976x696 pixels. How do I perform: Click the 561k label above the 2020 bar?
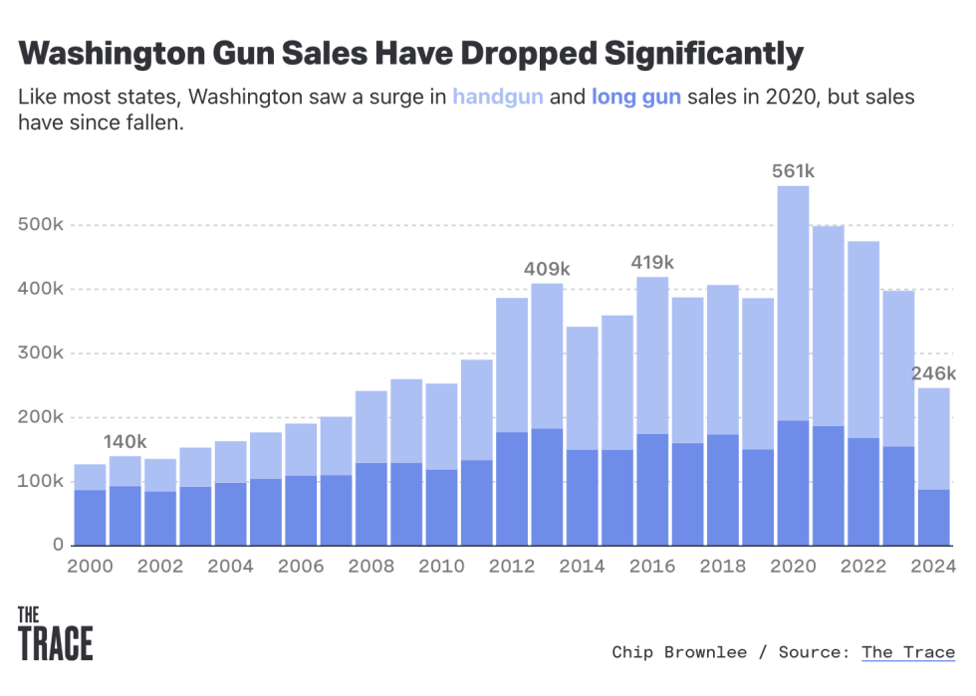pos(793,171)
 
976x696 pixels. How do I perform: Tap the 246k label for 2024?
pos(935,373)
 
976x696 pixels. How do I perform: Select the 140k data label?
pos(124,442)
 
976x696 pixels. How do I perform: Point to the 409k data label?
pos(547,269)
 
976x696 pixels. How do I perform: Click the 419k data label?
pos(652,263)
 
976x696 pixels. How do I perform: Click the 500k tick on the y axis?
pos(41,226)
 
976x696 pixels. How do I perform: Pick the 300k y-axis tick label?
pos(41,353)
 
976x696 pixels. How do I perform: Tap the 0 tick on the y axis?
pos(59,546)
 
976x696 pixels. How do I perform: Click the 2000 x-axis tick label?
pos(90,568)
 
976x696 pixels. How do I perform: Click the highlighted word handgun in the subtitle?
pos(498,98)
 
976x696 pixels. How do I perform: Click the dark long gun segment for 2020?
pos(793,483)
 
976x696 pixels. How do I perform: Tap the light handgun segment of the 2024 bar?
pos(933,438)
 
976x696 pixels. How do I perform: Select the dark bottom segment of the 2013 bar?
pos(547,487)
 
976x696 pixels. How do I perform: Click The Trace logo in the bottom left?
pos(56,633)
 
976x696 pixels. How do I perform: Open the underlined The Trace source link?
pos(907,652)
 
